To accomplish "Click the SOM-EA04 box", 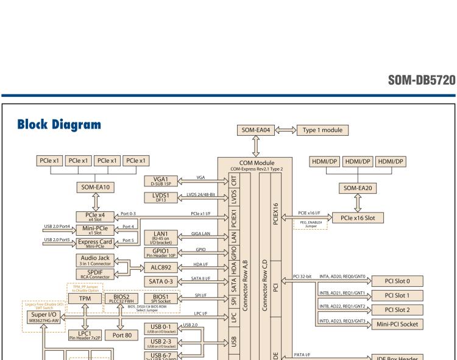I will pos(259,130).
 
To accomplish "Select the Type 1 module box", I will pos(323,130).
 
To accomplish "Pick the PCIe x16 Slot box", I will pos(361,217).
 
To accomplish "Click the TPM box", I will pos(85,298).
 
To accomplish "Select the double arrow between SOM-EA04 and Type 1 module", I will pos(287,130).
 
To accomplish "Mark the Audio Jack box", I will pos(95,258).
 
